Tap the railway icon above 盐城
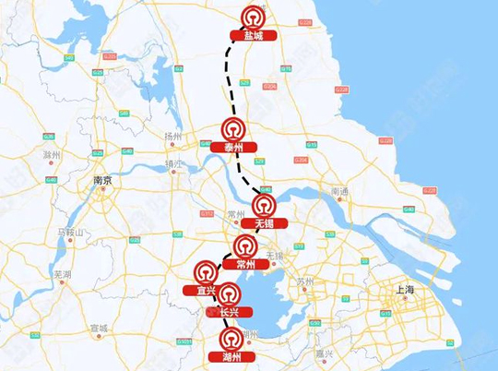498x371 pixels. pos(253,18)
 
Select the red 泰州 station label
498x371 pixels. pos(232,147)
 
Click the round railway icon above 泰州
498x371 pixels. pos(232,128)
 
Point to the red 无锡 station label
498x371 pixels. pos(264,223)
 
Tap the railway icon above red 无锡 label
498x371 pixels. pos(264,205)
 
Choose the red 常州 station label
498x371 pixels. pos(245,264)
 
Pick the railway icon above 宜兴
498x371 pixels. pos(205,271)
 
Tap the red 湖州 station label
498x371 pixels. pos(232,355)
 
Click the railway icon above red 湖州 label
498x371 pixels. pos(232,338)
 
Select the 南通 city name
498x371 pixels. pos(339,191)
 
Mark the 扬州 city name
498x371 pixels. pos(172,136)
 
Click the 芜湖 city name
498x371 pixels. pos(63,274)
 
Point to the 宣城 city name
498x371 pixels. pos(99,328)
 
